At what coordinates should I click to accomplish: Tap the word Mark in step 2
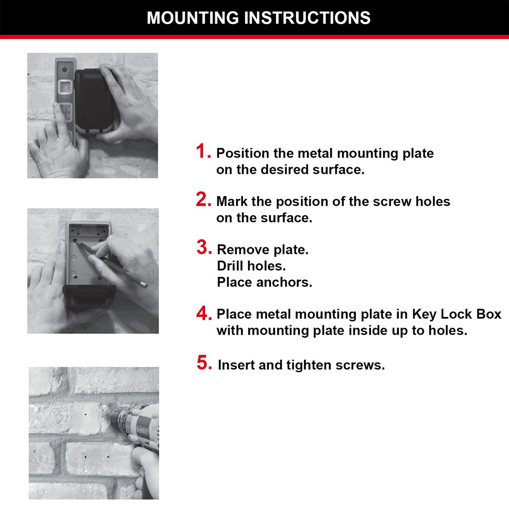232,202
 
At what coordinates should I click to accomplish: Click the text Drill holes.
251,266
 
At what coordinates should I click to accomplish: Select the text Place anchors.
264,282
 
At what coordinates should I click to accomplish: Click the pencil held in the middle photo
118,265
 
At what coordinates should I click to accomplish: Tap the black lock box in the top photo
94,100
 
